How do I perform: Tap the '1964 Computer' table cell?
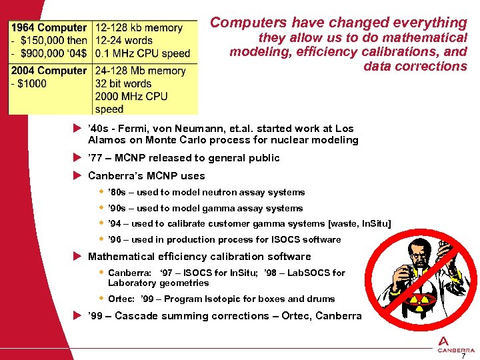48,28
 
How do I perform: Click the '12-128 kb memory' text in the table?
139,28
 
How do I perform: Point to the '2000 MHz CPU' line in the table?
131,97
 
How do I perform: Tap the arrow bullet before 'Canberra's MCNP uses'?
77,176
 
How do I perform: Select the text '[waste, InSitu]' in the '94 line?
359,224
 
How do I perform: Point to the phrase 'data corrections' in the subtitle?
415,66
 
